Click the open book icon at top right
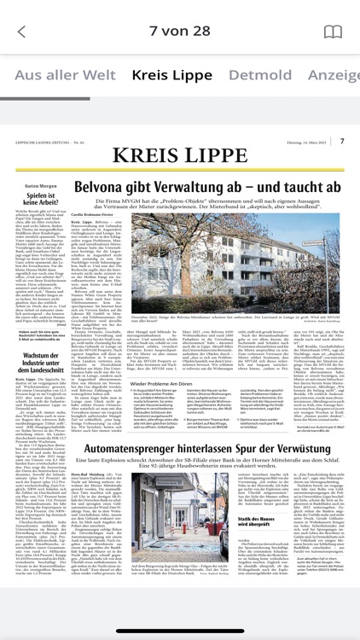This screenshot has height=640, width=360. (332, 32)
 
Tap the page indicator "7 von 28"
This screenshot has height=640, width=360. (179, 32)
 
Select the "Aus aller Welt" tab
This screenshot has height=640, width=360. (65, 75)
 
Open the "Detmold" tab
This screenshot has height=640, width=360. (260, 75)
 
